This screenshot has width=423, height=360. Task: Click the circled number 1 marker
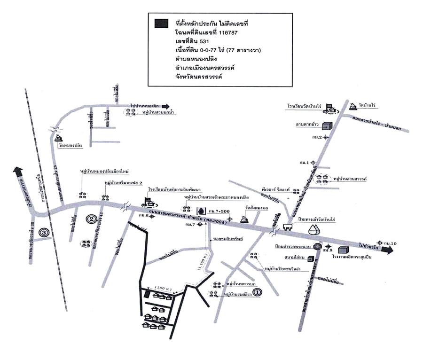257,292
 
